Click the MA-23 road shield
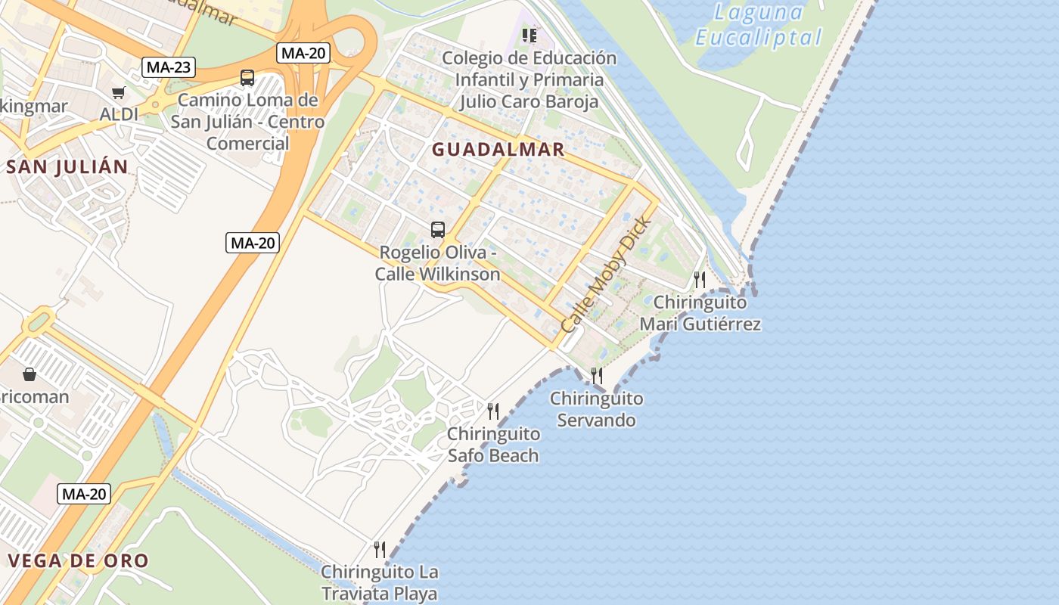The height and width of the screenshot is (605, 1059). coord(168,67)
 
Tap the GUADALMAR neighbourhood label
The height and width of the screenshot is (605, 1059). coord(498,150)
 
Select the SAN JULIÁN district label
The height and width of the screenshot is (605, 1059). coord(67,167)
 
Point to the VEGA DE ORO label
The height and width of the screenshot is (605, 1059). coord(78,561)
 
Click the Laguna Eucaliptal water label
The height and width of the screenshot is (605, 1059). coord(759,24)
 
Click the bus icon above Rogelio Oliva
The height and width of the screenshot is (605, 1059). coord(437,230)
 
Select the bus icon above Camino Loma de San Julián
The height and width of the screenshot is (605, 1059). coord(247,77)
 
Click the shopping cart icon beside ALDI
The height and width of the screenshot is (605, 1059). coord(118,92)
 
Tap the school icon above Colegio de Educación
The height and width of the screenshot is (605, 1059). coord(529,35)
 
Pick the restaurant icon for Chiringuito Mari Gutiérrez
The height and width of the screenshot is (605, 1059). coord(700,280)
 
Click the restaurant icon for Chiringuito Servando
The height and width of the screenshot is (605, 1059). coord(596,376)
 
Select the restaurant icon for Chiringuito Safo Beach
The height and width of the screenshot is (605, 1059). coord(493,411)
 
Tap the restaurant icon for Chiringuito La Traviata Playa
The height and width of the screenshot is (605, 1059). coord(380,550)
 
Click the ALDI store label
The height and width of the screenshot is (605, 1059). coord(120,114)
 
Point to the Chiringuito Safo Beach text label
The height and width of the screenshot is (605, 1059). coord(493,445)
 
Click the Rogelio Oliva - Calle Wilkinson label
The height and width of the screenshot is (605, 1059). coord(438,263)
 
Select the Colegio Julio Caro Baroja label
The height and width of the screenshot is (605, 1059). coord(529,79)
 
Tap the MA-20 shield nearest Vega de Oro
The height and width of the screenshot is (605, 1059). coord(84,495)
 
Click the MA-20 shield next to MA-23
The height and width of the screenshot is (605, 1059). coord(303,53)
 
